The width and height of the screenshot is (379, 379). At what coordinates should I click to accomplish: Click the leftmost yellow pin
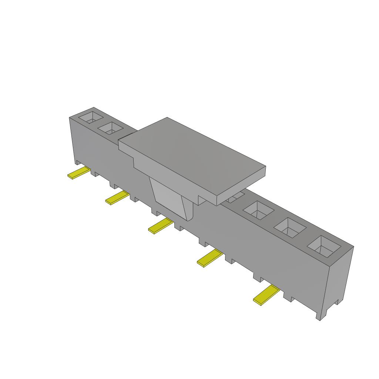tap(78, 173)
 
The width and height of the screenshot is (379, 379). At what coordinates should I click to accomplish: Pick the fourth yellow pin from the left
tap(209, 258)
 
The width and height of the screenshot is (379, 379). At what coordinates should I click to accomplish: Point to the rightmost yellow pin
tap(266, 295)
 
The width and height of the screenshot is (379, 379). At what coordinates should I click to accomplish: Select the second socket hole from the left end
tap(110, 129)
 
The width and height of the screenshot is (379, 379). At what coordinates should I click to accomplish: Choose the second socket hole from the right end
tap(290, 227)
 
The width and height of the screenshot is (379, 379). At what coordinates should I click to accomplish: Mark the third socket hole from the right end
tap(258, 210)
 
